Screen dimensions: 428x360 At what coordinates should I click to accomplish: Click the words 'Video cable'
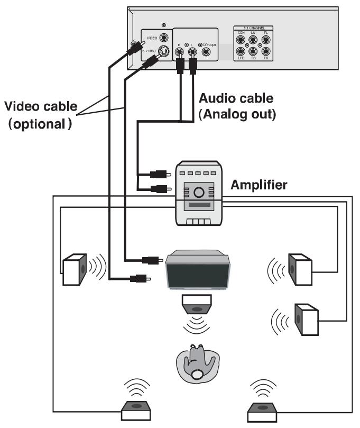click(41, 106)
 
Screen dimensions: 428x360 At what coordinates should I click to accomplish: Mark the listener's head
click(197, 374)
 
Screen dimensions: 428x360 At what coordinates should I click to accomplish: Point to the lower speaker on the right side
click(306, 318)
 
